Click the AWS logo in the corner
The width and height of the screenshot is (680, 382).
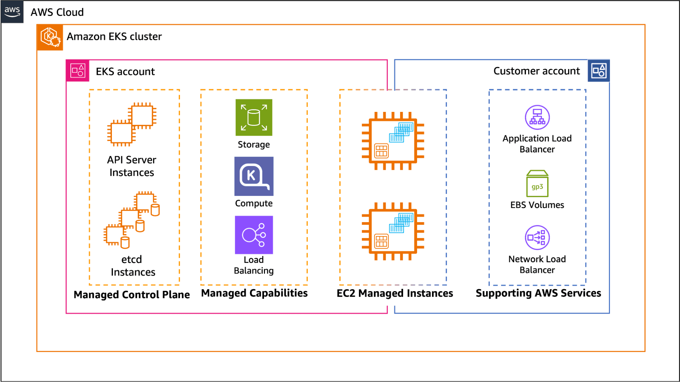tap(12, 12)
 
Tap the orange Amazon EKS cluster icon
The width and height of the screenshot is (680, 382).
tap(50, 37)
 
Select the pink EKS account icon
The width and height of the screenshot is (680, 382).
tap(78, 71)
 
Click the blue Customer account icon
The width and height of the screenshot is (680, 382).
tap(598, 71)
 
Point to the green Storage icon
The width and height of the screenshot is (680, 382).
tap(254, 118)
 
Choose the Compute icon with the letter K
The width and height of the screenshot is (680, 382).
tap(254, 176)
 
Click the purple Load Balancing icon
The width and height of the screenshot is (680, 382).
tap(254, 235)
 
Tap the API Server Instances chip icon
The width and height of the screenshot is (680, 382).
tap(132, 124)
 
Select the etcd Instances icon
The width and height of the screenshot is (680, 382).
tap(132, 220)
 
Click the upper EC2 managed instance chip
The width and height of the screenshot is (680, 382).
tap(393, 141)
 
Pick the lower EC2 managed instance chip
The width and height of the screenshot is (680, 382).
tap(393, 231)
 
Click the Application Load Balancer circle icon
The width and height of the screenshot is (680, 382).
tap(537, 117)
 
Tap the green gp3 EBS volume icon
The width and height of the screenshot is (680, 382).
tap(537, 184)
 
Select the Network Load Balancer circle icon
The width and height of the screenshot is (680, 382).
tap(537, 237)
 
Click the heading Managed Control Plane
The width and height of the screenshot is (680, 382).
tap(132, 295)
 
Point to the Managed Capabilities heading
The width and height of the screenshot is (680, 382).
tap(254, 293)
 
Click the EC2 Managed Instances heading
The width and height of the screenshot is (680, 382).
tap(395, 293)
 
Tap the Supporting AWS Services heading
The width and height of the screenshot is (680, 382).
tap(538, 293)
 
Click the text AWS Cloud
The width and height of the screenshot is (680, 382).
tap(57, 12)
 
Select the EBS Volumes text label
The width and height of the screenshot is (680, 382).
tap(537, 205)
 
